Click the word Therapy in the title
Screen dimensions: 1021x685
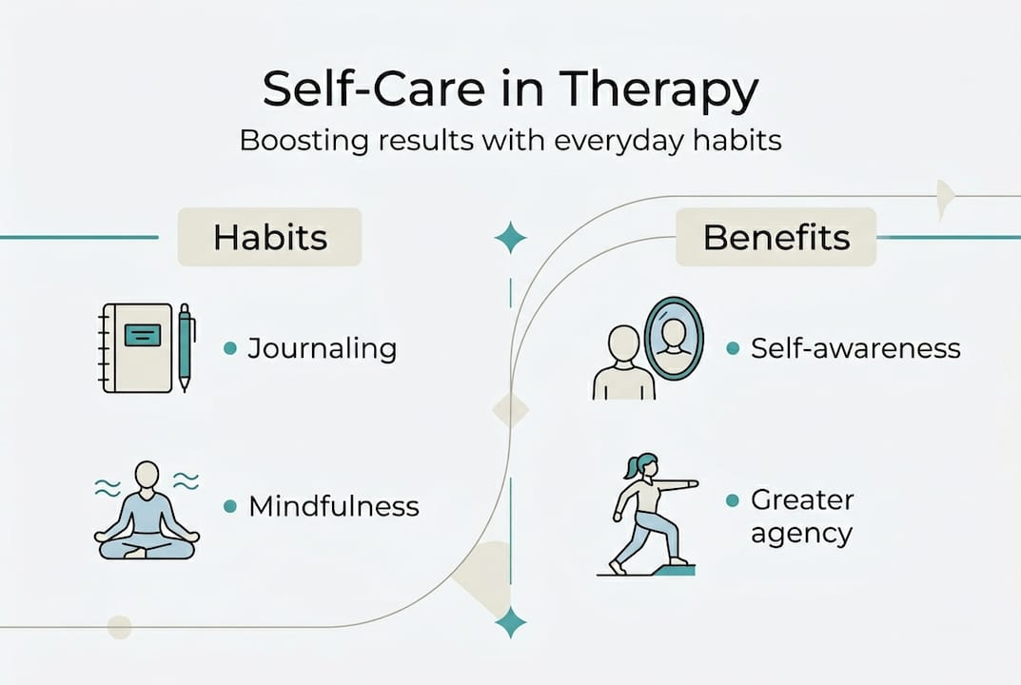658,90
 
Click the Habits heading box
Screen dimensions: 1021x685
269,237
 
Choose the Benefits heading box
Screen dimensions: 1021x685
776,237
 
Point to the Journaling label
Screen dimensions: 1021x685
323,349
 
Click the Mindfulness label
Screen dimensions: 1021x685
334,506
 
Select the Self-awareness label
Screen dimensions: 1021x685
855,348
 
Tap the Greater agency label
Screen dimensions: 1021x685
802,516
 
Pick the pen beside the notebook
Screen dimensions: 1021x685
186,347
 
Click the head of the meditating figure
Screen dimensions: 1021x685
147,475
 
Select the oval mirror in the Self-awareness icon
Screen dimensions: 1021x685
674,338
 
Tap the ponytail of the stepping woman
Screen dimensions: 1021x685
631,466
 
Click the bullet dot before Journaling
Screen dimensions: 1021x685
230,348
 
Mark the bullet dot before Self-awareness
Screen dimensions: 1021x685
733,348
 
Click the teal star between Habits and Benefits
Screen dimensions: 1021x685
510,237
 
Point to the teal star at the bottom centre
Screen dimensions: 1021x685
510,622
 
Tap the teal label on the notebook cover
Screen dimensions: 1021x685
143,335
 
